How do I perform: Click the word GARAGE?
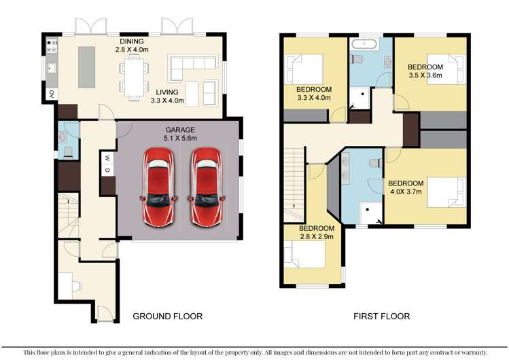pyautogui.click(x=179, y=129)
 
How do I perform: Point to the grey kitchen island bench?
pyautogui.click(x=87, y=66)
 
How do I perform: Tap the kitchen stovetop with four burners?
pyautogui.click(x=50, y=46)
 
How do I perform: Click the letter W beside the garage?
pyautogui.click(x=106, y=158)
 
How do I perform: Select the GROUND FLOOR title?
pyautogui.click(x=167, y=317)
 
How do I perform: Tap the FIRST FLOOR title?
pyautogui.click(x=381, y=317)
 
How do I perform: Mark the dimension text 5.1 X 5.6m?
pyautogui.click(x=179, y=139)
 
